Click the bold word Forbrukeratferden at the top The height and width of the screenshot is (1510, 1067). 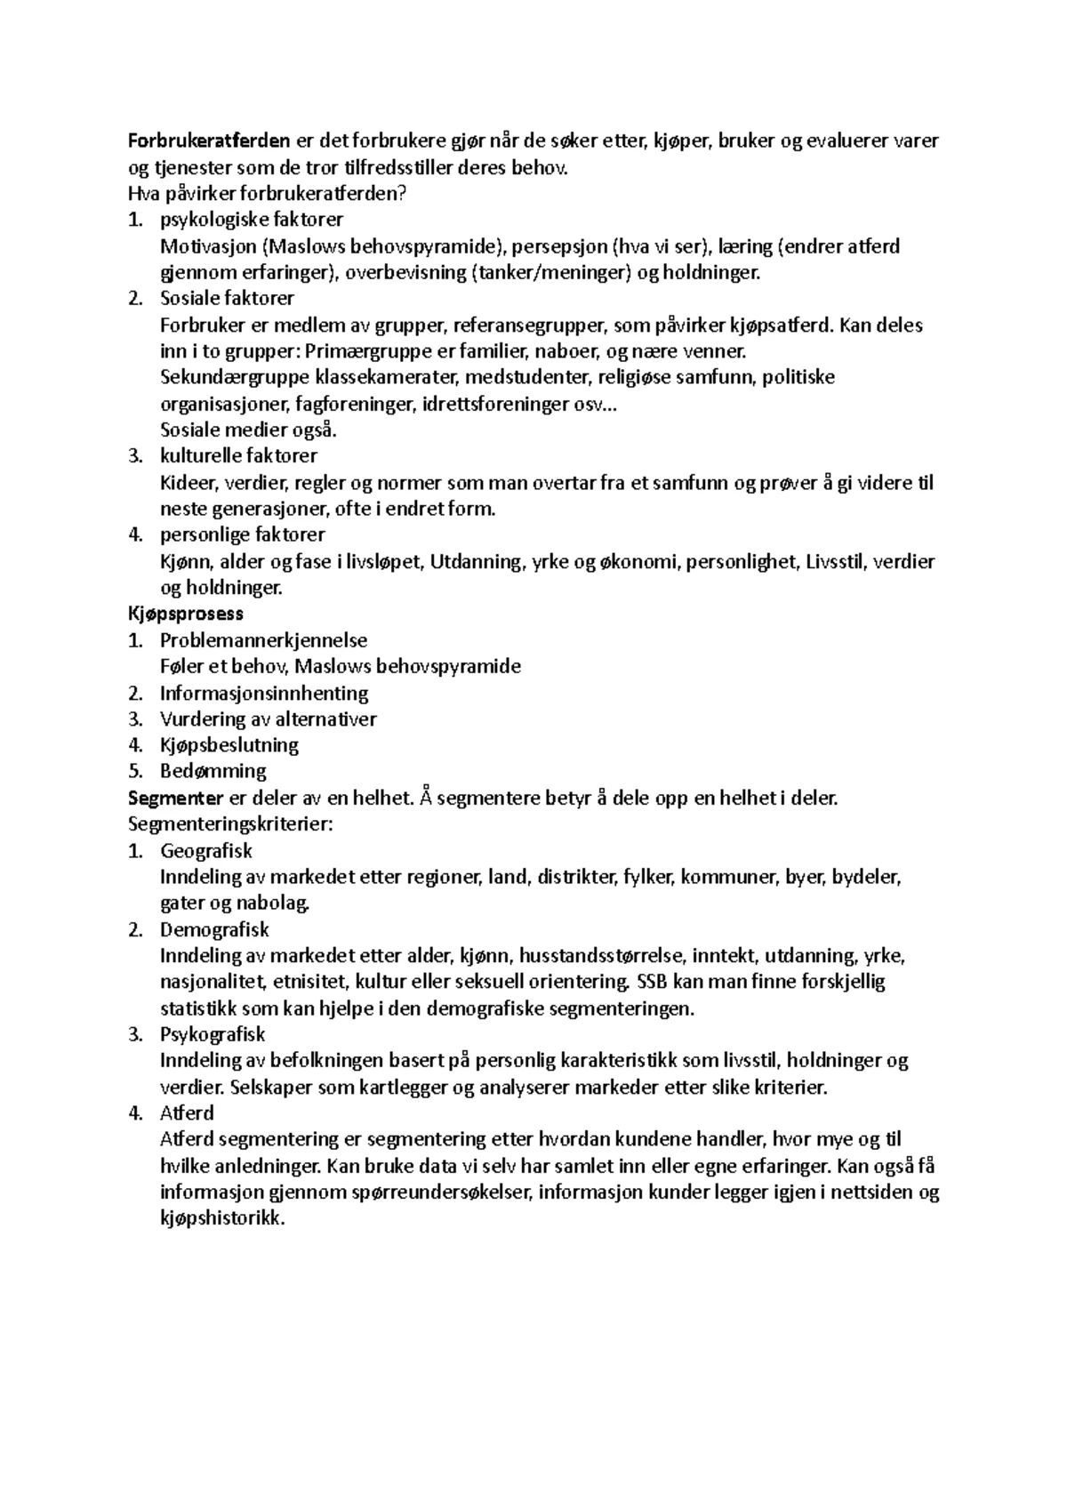210,141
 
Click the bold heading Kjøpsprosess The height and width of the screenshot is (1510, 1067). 186,614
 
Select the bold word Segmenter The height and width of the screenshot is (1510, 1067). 175,798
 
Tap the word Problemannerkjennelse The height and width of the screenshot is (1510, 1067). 263,640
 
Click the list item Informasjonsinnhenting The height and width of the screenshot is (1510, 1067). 264,693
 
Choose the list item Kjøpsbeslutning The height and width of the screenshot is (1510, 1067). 229,745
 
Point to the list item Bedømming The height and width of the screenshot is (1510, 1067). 213,771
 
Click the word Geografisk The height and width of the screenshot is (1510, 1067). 206,851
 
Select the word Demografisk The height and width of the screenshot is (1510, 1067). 214,929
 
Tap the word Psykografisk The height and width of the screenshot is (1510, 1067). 213,1034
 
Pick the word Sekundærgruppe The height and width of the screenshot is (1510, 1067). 235,377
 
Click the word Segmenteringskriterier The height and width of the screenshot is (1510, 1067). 229,824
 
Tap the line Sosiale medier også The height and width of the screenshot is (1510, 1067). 249,430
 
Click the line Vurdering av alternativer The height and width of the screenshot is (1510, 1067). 269,719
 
